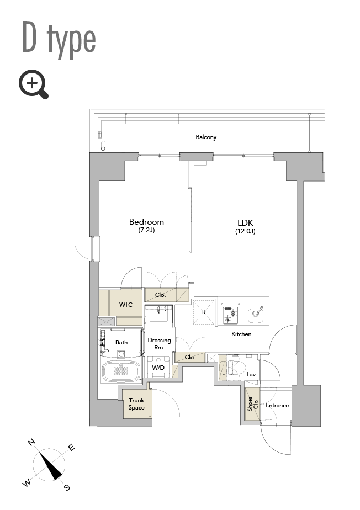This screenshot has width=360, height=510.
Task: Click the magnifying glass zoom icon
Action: pyautogui.click(x=33, y=84)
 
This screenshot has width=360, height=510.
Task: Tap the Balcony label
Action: pyautogui.click(x=206, y=137)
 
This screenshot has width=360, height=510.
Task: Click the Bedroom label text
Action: pyautogui.click(x=146, y=222)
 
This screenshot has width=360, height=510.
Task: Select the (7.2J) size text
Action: pyautogui.click(x=146, y=231)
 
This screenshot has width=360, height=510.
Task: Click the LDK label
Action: pyautogui.click(x=245, y=223)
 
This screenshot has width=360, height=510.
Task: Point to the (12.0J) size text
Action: pyautogui.click(x=245, y=231)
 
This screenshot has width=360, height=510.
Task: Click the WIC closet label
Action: pyautogui.click(x=126, y=305)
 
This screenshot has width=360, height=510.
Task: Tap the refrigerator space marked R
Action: pyautogui.click(x=204, y=312)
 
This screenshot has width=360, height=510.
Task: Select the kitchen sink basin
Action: pyautogui.click(x=257, y=314)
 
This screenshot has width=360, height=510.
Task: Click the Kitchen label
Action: pyautogui.click(x=241, y=334)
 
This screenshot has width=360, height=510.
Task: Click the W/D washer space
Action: pyautogui.click(x=158, y=366)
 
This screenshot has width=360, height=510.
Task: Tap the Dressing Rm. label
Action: pyautogui.click(x=159, y=343)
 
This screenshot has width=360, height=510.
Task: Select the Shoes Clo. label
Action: pyautogui.click(x=252, y=403)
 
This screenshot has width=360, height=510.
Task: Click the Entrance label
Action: pyautogui.click(x=277, y=405)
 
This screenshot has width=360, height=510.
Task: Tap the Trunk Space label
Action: pyautogui.click(x=136, y=404)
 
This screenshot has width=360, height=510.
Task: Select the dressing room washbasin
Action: pyautogui.click(x=158, y=314)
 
